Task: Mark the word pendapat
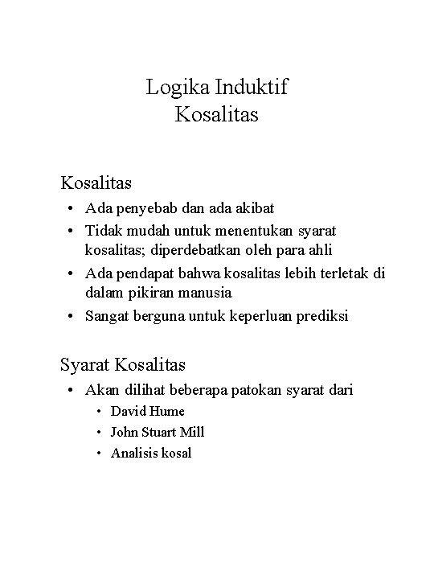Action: tap(141, 273)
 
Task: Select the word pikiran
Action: tap(145, 294)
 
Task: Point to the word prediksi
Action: tap(322, 316)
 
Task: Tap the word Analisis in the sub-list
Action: tap(133, 453)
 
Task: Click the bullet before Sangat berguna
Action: tap(73, 316)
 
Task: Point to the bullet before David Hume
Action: tap(99, 411)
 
